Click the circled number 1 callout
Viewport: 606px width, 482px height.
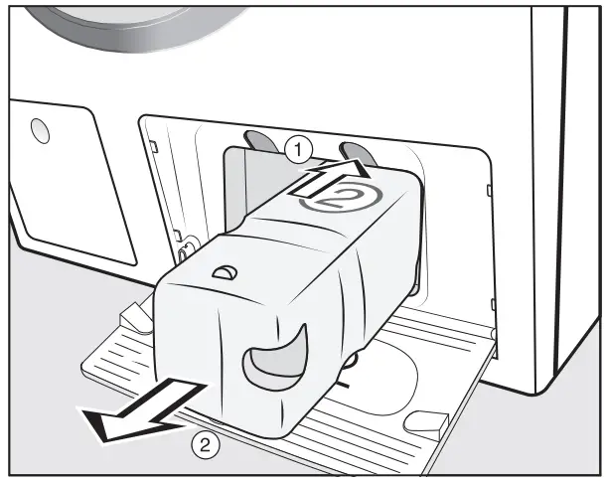(x=295, y=149)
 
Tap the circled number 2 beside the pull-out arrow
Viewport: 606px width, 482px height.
(x=205, y=444)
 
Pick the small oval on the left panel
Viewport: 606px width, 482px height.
(x=39, y=128)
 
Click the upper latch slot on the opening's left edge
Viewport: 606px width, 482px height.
(x=153, y=145)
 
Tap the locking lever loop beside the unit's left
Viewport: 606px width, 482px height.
(x=183, y=245)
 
